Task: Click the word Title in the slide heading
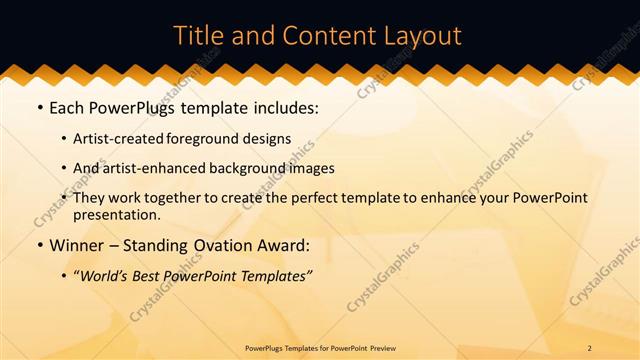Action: pos(198,36)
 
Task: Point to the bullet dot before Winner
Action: pos(39,245)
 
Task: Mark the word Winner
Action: pos(80,245)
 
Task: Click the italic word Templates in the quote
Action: pos(275,275)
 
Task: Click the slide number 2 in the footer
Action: pos(589,347)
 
